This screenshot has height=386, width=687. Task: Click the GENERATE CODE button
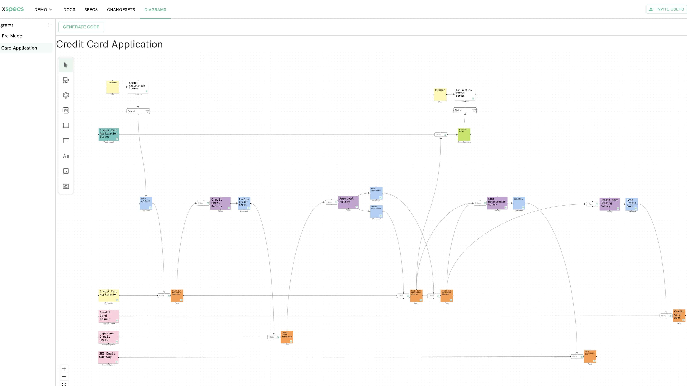tap(81, 27)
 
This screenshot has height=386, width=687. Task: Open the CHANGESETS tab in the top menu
tap(121, 10)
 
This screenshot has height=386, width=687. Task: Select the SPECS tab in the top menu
tap(91, 10)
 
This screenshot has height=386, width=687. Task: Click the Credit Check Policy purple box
tap(220, 203)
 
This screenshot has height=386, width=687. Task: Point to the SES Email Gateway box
tap(108, 357)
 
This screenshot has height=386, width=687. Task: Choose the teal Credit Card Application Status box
tap(109, 134)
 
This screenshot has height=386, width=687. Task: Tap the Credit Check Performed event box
tap(287, 337)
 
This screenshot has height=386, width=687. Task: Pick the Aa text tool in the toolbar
tap(66, 156)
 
